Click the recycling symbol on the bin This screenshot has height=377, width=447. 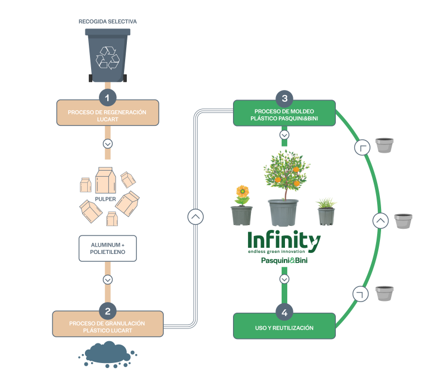point(108,57)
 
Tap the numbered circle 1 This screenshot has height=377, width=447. point(108,97)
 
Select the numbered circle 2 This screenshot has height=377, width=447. point(107,310)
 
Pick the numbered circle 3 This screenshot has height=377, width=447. point(284,98)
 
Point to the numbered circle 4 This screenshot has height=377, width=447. point(284,312)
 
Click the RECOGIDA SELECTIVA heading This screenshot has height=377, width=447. point(108,21)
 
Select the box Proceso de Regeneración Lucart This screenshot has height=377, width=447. point(107,115)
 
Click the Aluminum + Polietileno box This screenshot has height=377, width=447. point(107,248)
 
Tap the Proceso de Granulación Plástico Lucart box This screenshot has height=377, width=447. point(107,327)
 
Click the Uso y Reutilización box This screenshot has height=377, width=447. point(284,327)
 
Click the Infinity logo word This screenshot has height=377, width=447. point(284,241)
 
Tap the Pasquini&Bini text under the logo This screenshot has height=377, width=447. point(285,260)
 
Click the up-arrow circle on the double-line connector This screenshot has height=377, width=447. point(195,216)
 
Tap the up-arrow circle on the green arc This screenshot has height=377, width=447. point(380,220)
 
